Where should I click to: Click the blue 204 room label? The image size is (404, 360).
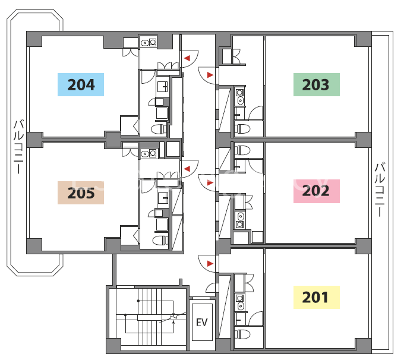pos(81,84)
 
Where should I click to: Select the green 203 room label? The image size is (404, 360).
pos(317,84)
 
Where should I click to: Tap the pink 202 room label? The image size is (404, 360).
pos(317,191)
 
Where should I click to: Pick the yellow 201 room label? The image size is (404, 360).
pos(317,297)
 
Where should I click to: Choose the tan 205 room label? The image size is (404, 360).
pos(81,192)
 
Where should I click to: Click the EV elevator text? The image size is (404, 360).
pos(202,322)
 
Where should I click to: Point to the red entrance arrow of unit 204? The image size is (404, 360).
pos(187,58)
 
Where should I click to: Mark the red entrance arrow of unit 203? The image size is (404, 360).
pos(210,75)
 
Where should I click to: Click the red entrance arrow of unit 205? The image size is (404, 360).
pos(187,169)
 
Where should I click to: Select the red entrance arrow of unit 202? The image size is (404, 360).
pos(210,183)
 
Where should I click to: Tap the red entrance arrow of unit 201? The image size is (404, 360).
pos(210,263)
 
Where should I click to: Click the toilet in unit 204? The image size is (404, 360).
pos(159,128)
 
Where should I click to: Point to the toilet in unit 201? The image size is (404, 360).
pos(242,334)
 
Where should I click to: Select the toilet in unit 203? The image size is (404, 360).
pos(242,128)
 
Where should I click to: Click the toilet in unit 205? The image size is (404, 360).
pos(160,240)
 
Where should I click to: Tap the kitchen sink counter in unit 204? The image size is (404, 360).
pos(149,42)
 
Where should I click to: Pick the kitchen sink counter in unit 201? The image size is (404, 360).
pos(240,302)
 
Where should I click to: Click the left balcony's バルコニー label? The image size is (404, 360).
pos(19,146)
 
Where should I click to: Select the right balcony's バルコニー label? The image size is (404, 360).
pos(380,190)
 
